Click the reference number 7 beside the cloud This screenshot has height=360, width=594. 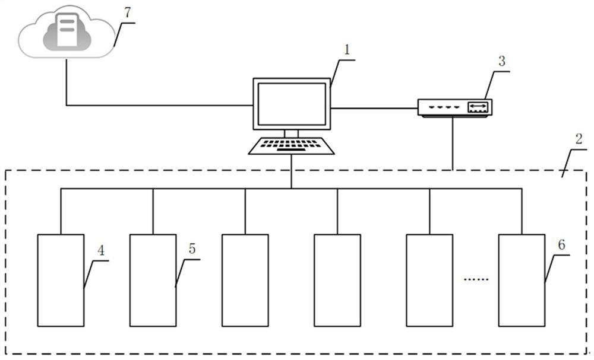(127, 12)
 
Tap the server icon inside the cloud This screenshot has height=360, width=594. (67, 30)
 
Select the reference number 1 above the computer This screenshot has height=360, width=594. (347, 50)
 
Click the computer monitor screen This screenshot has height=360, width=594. (292, 104)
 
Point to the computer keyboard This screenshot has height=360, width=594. (291, 146)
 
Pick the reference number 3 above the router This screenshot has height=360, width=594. (501, 61)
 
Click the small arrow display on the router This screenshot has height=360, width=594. (478, 107)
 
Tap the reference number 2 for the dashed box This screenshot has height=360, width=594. (579, 139)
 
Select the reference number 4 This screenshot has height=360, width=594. (101, 250)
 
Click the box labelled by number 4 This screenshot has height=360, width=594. (61, 280)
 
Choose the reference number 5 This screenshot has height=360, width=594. (192, 249)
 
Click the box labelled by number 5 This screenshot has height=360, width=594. (153, 280)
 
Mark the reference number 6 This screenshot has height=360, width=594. (561, 245)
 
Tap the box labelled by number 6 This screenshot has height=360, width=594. (522, 280)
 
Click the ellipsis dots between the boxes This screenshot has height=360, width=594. (476, 279)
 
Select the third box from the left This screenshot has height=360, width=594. (245, 280)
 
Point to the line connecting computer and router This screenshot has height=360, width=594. (374, 109)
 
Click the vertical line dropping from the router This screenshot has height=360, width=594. (453, 144)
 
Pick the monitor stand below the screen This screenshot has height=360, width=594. (291, 133)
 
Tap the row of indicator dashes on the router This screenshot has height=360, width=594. (444, 107)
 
